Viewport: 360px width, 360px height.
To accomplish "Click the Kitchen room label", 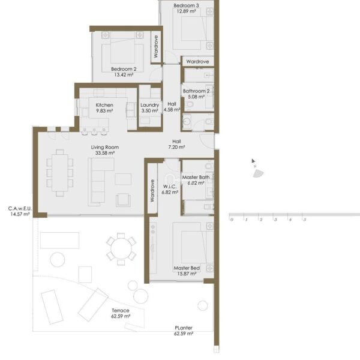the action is point(104,105).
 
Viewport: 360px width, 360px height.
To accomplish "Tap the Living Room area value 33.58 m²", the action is point(105,153).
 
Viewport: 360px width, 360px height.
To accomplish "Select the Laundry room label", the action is point(149,105).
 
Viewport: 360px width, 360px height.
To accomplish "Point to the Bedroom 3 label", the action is point(186,5).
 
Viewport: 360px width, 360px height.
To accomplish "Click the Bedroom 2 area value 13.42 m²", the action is point(124,74).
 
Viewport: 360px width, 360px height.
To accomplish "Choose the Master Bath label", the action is point(196,177).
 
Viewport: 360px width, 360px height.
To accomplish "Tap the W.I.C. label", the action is point(170,187).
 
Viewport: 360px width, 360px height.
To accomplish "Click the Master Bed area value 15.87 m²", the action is point(187,274).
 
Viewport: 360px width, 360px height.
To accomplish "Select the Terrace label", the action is point(121,310).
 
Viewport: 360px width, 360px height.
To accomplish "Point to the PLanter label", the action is point(184,328).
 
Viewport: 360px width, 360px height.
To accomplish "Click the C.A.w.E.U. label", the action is point(20,208).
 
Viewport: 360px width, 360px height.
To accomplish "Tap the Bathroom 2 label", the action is point(196,91).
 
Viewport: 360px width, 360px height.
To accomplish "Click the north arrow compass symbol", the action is point(256,169).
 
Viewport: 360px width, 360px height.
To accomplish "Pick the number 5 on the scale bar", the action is point(305,220).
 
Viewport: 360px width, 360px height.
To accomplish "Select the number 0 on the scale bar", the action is point(232,220).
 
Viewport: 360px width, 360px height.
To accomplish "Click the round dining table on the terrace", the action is point(121,249).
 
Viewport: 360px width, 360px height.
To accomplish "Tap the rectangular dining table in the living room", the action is point(59,173).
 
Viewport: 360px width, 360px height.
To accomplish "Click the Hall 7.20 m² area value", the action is point(176,147).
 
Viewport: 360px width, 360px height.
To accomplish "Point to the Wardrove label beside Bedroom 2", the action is point(156,46).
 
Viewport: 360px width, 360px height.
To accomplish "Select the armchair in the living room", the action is point(123,200).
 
